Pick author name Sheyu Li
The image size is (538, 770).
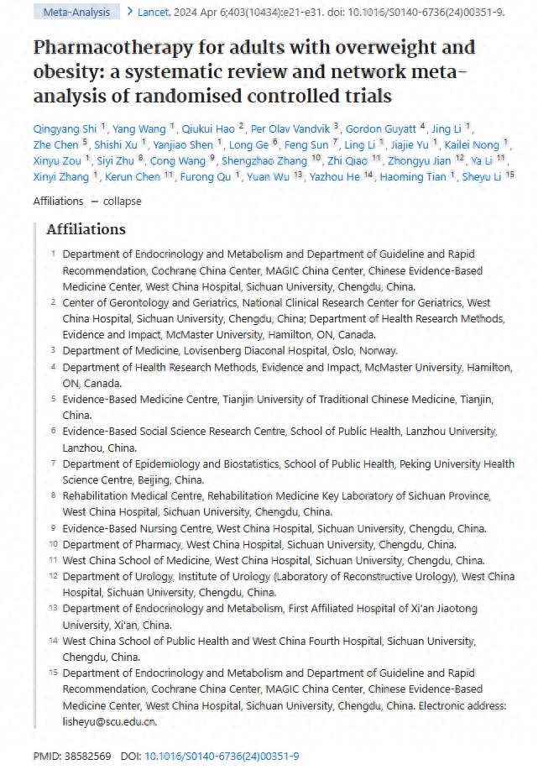pyautogui.click(x=483, y=176)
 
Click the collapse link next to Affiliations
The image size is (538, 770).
pyautogui.click(x=123, y=201)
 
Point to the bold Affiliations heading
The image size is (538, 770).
pyautogui.click(x=86, y=229)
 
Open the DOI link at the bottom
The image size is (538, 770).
pyautogui.click(x=222, y=757)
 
